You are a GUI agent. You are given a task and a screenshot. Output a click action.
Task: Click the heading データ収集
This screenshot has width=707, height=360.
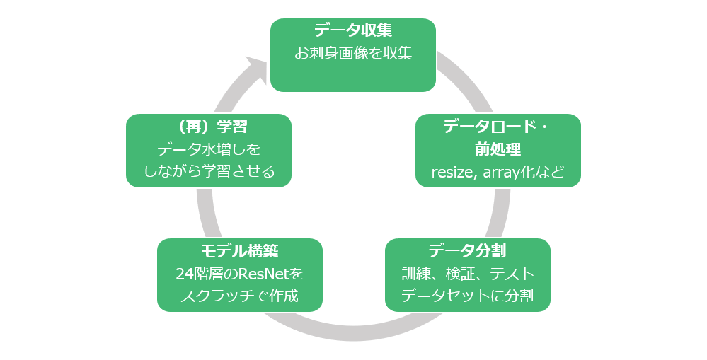point(352,30)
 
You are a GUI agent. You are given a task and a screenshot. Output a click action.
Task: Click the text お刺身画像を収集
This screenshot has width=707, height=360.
point(352,53)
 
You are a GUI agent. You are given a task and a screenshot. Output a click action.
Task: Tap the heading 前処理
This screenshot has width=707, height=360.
point(498,149)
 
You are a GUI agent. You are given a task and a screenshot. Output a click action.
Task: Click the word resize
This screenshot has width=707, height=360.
point(453,173)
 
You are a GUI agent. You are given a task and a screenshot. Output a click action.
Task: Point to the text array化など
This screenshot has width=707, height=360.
point(523,173)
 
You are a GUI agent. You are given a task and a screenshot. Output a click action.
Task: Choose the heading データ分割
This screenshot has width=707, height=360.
point(467,250)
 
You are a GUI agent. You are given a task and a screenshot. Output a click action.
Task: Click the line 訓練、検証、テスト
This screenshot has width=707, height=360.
point(467,273)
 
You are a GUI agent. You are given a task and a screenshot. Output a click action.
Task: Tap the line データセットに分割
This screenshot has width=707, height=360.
point(467,296)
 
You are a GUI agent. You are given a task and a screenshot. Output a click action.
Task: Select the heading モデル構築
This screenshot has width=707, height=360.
point(239,250)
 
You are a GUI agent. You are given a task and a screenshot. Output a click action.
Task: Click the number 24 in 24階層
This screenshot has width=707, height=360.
point(183,273)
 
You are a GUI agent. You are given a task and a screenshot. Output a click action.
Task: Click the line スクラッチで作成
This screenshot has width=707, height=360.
point(239,296)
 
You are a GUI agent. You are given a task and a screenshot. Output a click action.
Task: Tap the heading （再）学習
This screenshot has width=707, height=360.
point(208,127)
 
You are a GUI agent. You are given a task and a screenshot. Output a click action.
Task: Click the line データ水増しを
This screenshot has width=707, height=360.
point(208,149)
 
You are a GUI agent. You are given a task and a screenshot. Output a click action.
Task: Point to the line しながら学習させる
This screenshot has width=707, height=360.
point(208,172)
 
